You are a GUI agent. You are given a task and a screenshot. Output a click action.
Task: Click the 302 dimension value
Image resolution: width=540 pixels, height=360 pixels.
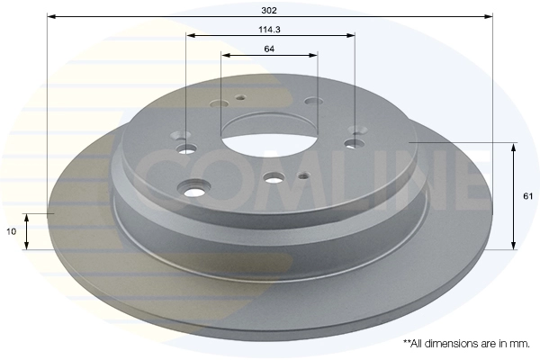(x=269, y=10)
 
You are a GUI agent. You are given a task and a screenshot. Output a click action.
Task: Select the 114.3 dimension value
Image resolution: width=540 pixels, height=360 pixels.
(x=270, y=30)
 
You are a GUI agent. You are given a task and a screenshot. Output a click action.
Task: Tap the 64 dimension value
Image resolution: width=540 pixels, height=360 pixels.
(x=269, y=49)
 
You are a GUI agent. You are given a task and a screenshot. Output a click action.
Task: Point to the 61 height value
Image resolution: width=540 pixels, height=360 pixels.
(x=528, y=196)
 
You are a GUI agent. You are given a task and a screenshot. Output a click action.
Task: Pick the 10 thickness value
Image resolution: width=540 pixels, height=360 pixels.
(x=12, y=231)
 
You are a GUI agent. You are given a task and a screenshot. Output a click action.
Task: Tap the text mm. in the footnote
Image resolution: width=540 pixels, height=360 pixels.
(x=521, y=344)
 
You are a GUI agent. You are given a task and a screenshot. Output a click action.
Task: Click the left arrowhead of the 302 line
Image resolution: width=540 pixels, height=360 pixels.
(x=51, y=16)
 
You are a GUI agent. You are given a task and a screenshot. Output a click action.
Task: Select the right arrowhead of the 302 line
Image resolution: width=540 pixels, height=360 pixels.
(x=489, y=16)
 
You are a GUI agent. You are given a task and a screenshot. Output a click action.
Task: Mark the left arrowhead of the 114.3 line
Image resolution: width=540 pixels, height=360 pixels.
(x=191, y=35)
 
